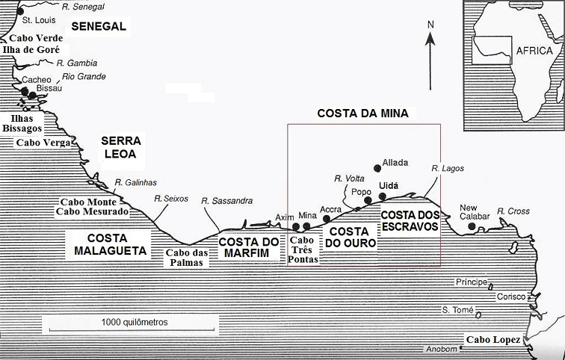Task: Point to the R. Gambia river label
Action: tap(77, 63)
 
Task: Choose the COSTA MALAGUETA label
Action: tap(110, 243)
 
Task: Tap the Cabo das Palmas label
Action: tap(185, 257)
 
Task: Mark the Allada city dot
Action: tap(377, 168)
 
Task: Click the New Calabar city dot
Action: tap(471, 226)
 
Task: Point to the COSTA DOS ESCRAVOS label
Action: tap(408, 220)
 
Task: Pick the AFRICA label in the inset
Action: tap(533, 52)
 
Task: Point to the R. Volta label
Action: tap(348, 179)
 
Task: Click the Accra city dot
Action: tap(327, 219)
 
